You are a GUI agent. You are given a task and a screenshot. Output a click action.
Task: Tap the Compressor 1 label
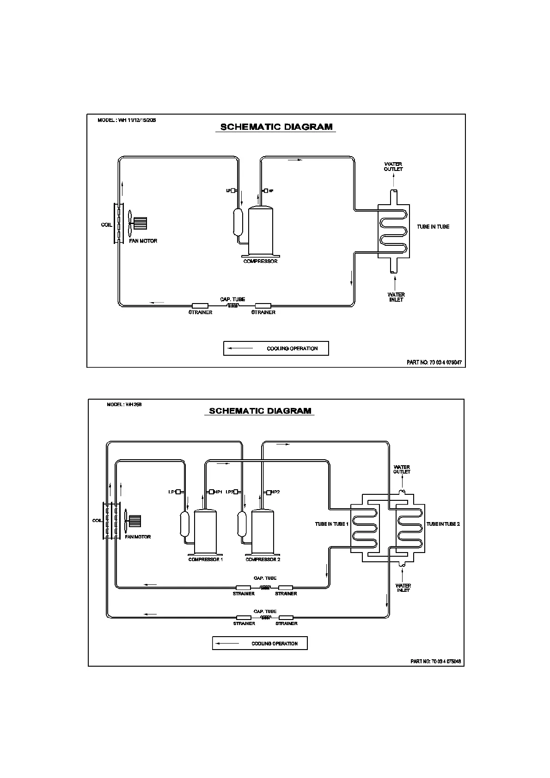206,559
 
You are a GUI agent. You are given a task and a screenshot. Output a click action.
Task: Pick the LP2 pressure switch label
230,492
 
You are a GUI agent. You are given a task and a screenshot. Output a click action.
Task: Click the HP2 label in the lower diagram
275,492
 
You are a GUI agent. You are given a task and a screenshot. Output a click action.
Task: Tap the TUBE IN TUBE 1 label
331,524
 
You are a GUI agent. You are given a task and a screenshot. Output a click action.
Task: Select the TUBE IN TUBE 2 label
443,524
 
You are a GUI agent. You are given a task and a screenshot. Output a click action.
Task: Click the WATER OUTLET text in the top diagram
393,167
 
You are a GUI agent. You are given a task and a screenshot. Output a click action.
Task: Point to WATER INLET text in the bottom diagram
403,588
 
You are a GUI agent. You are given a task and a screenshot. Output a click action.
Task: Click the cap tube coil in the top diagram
232,306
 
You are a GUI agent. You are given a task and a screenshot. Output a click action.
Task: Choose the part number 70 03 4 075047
434,363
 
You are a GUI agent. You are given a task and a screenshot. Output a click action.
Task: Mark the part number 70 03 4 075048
436,662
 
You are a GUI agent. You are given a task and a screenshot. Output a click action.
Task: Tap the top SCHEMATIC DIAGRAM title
276,127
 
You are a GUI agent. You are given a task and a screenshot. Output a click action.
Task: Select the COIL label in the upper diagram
106,225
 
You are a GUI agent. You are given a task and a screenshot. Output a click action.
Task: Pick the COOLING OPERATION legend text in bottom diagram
275,644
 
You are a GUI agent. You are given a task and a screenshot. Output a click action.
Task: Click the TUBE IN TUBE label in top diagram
433,227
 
